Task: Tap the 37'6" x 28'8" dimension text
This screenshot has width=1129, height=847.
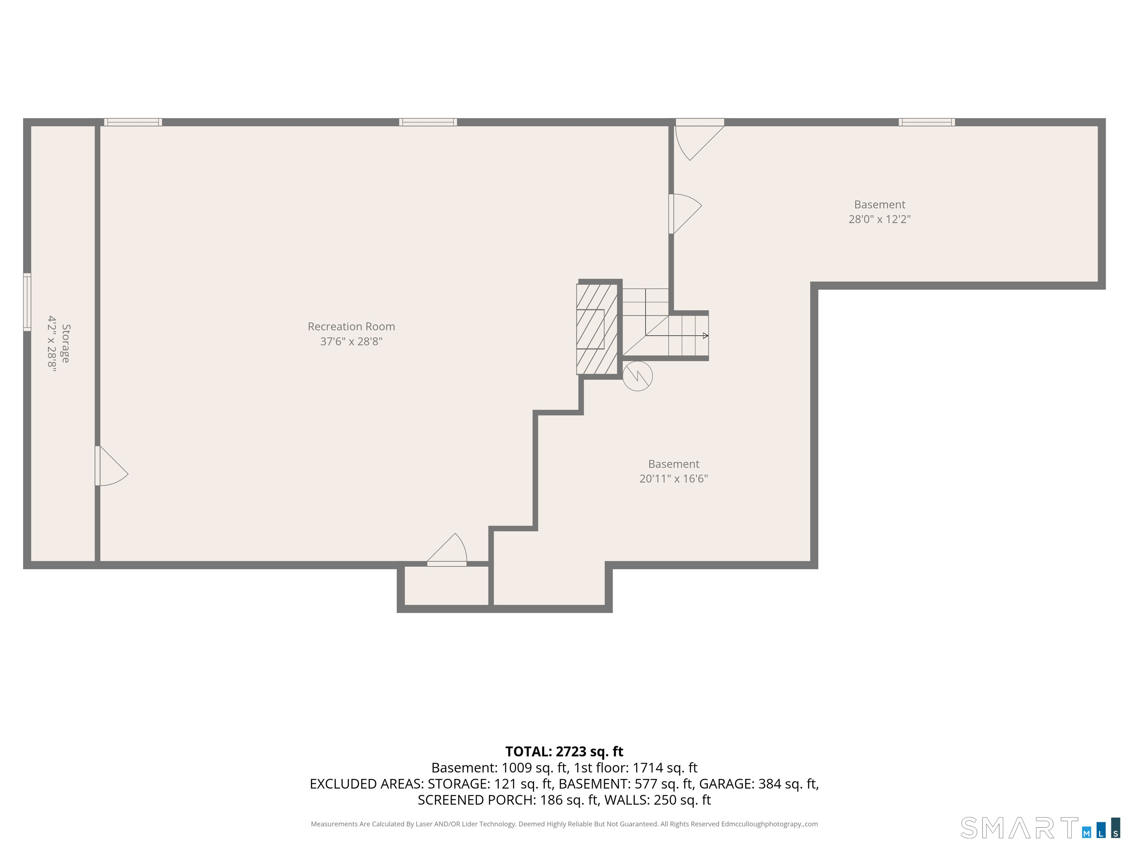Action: [x=351, y=342]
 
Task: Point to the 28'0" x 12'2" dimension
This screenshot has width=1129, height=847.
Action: [x=879, y=219]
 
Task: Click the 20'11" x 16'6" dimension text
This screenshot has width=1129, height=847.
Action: [x=674, y=478]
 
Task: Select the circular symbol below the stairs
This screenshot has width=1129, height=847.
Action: [x=638, y=376]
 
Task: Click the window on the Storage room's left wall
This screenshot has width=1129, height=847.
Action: [x=27, y=302]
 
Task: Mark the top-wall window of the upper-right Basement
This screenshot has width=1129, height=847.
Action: [x=927, y=122]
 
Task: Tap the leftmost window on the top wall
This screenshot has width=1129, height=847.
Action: [x=133, y=122]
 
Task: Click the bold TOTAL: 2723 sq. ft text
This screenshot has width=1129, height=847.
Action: [x=564, y=751]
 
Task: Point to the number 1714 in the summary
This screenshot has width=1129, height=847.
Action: [x=649, y=768]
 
